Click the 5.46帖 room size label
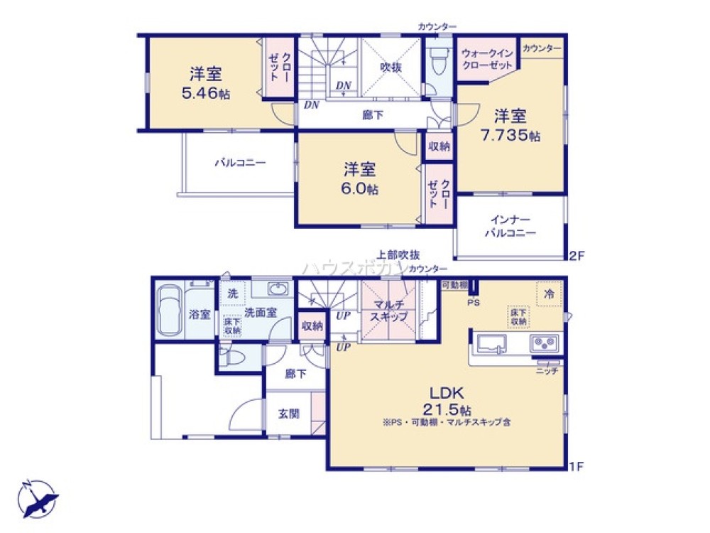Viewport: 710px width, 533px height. (x=205, y=93)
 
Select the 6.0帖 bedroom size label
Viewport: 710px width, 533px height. (x=361, y=189)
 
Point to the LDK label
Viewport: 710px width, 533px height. (x=445, y=392)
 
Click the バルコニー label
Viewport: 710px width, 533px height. (x=241, y=163)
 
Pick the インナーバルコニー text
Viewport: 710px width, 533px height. (x=510, y=226)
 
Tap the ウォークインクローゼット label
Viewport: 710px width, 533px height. (x=487, y=59)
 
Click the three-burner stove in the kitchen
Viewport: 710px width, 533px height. (x=545, y=344)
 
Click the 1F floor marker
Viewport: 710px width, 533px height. (x=577, y=467)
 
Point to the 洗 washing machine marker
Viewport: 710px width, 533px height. (x=232, y=293)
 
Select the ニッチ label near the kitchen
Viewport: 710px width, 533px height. (x=546, y=371)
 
